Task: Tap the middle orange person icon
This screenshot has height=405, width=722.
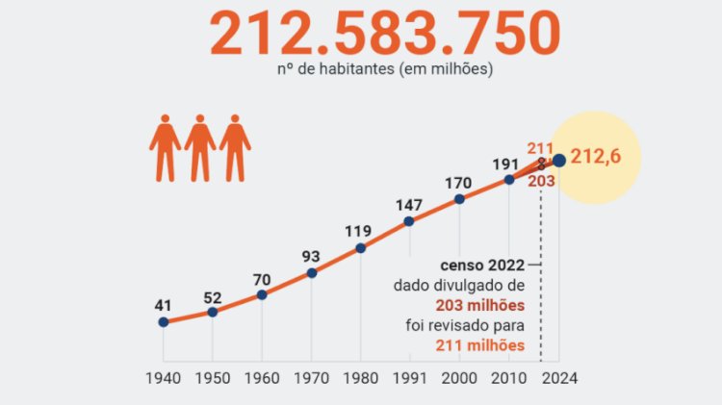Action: click(200, 148)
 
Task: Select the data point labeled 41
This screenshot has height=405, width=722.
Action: click(164, 321)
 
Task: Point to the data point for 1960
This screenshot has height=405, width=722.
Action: click(262, 294)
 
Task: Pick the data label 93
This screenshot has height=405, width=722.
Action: click(311, 257)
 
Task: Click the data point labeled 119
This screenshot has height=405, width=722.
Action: click(361, 247)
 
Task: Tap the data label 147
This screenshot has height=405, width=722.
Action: click(409, 205)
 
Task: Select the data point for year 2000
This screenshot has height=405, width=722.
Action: click(459, 199)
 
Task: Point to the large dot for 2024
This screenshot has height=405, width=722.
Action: click(559, 161)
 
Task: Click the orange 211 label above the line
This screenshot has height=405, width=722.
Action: click(539, 148)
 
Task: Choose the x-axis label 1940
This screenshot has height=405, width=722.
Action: click(164, 377)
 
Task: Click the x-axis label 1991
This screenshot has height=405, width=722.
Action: click(409, 377)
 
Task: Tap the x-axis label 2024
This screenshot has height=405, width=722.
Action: click(559, 377)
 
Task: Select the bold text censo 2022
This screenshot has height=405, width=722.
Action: click(482, 265)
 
